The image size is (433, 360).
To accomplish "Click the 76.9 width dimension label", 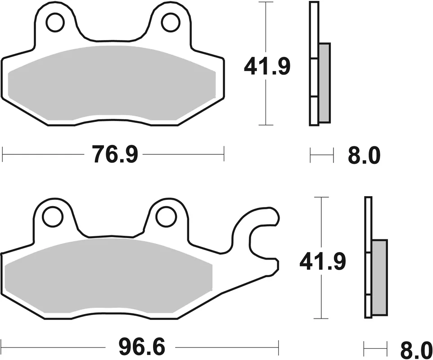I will pyautogui.click(x=114, y=155).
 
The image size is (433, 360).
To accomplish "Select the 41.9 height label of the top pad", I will pyautogui.click(x=267, y=67).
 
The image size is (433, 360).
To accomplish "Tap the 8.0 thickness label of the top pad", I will pyautogui.click(x=364, y=156).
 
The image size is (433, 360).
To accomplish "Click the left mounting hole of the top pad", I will pyautogui.click(x=55, y=22).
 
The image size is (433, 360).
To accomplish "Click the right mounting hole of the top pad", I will pyautogui.click(x=171, y=22).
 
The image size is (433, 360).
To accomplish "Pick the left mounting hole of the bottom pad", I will pyautogui.click(x=52, y=216).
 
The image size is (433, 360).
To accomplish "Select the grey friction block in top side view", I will pyautogui.click(x=324, y=83).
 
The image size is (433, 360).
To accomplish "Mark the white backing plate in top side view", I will pyautogui.click(x=314, y=63).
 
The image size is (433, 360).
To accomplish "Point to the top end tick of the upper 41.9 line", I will pyautogui.click(x=267, y=2).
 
